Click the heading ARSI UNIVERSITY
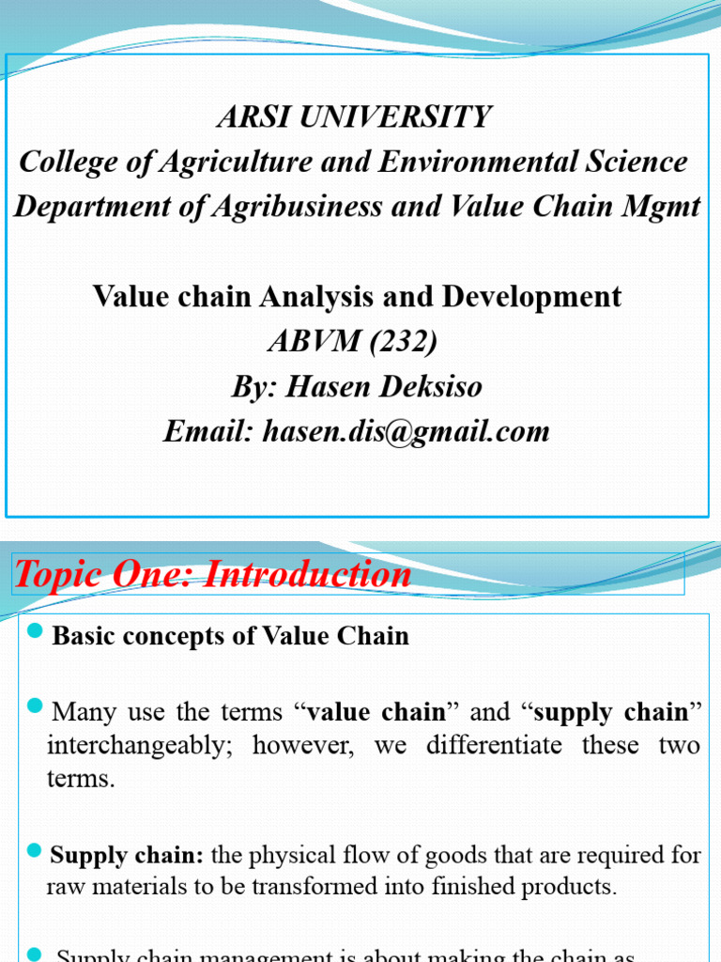[353, 117]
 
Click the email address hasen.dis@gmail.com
[406, 431]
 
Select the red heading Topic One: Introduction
[212, 574]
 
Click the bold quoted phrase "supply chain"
[611, 712]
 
